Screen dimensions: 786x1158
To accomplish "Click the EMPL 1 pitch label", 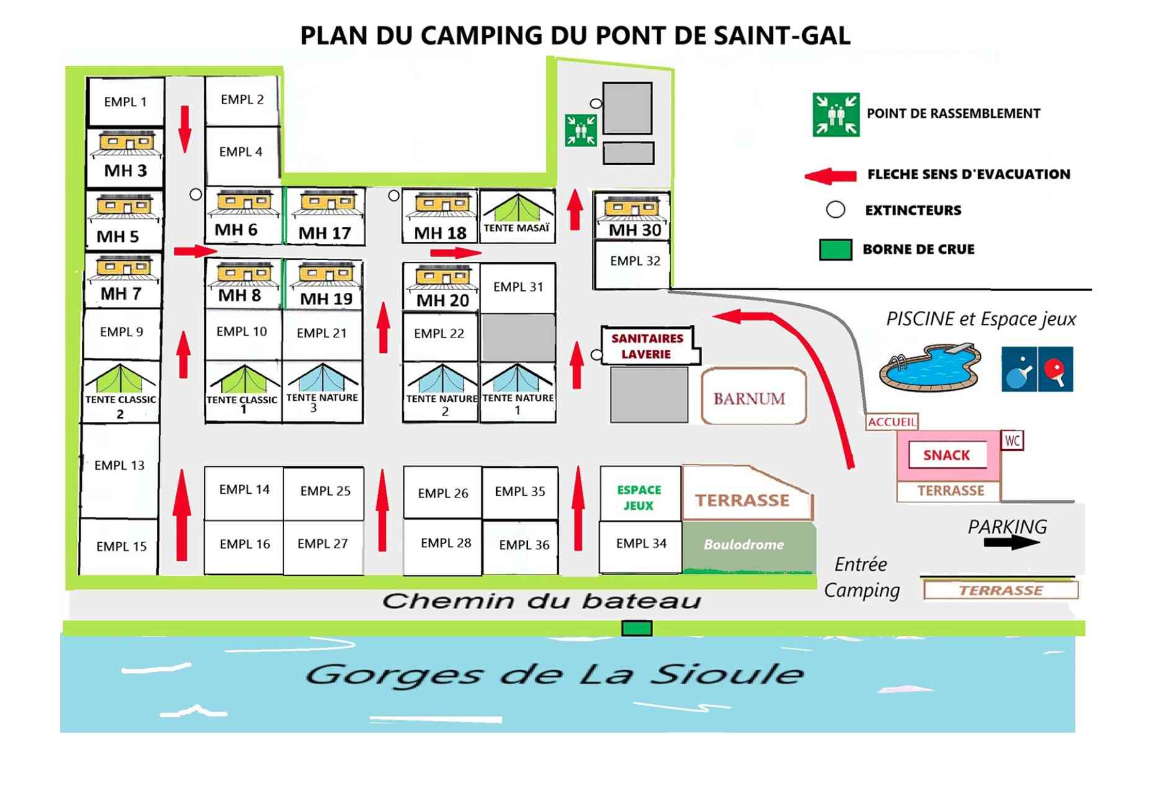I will tap(125, 102).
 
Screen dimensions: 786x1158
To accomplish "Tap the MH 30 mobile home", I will tap(632, 216).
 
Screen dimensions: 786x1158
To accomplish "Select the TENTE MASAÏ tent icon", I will tap(517, 211).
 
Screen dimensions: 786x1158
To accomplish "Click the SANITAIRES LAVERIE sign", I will tap(647, 346).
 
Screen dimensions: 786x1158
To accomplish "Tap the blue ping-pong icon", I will tap(1018, 369).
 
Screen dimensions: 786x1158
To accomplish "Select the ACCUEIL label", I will tap(891, 422).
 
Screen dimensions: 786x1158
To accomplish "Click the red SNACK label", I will tap(946, 455).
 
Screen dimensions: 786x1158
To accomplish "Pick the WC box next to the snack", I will tap(1012, 440).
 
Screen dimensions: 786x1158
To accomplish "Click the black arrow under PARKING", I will tap(1011, 543).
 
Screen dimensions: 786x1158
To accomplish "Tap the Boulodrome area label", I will tap(744, 545).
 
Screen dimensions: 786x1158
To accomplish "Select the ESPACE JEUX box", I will tap(639, 497).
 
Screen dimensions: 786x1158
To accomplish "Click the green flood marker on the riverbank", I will tap(636, 628).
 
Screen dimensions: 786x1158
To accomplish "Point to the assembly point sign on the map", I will tap(581, 130).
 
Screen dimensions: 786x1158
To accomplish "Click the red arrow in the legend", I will tap(831, 176).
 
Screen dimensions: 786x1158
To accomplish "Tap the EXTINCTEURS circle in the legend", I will tap(835, 210).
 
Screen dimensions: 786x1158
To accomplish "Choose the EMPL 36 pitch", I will tap(523, 545).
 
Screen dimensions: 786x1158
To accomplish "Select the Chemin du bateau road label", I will tap(541, 601).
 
